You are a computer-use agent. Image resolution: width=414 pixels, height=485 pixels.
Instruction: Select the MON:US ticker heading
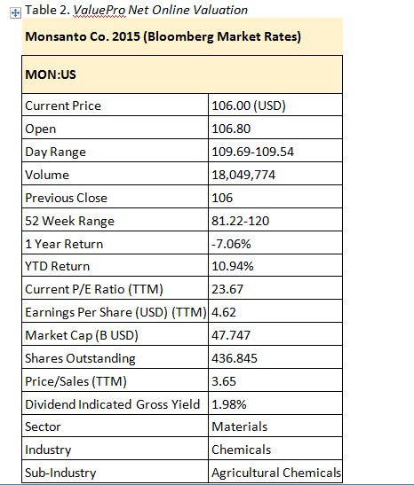coord(51,74)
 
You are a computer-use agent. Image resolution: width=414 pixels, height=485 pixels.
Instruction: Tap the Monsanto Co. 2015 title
coord(163,37)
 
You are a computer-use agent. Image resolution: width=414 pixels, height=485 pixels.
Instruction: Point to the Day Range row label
coord(55,152)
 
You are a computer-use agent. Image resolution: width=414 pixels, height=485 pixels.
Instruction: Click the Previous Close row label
coord(68,198)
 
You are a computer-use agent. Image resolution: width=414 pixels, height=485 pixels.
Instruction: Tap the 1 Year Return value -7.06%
coord(232,244)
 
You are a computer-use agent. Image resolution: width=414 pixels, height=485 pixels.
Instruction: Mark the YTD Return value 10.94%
coord(233,266)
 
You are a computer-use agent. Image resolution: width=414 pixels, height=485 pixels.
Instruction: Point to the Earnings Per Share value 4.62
coord(223,312)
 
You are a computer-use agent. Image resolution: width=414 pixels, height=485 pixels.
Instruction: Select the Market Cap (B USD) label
coord(82,335)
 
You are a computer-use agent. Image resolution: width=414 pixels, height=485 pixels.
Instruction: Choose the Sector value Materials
coord(238,427)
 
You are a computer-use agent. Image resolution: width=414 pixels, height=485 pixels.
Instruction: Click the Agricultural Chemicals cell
coord(275,473)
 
